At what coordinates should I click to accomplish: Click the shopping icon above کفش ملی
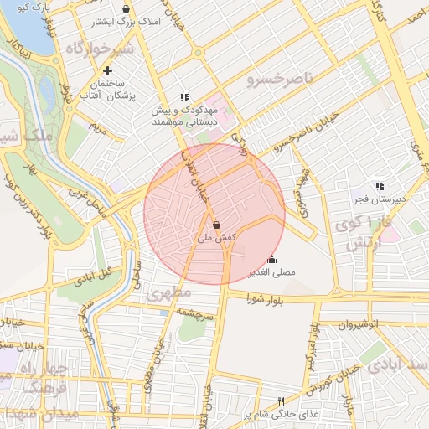coord(217,225)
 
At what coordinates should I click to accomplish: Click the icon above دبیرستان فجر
coord(380,186)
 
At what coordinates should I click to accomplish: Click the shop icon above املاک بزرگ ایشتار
coord(126,8)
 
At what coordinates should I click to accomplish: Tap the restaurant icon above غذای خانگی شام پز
coord(282,401)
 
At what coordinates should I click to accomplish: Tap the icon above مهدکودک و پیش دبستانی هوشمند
coord(184,97)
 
